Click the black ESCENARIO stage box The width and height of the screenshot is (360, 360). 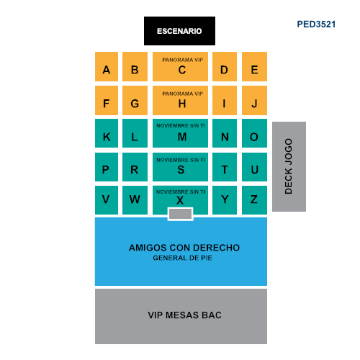pyautogui.click(x=179, y=31)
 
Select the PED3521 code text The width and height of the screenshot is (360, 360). pyautogui.click(x=316, y=24)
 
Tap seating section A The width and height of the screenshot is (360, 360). pyautogui.click(x=107, y=66)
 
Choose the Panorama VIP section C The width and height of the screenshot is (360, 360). pyautogui.click(x=180, y=66)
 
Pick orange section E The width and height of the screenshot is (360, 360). pyautogui.click(x=254, y=66)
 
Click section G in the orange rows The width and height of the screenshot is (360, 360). pyautogui.click(x=135, y=100)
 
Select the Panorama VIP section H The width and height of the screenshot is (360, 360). pyautogui.click(x=180, y=100)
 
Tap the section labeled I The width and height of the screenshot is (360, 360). pyautogui.click(x=225, y=100)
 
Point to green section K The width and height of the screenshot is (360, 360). pyautogui.click(x=107, y=133)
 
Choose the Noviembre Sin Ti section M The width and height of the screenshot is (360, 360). pyautogui.click(x=180, y=133)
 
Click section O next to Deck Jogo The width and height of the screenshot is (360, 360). pyautogui.click(x=254, y=133)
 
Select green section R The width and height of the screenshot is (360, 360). pyautogui.click(x=135, y=167)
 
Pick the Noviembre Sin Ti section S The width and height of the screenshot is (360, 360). pyautogui.click(x=180, y=167)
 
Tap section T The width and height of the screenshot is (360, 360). pyautogui.click(x=225, y=167)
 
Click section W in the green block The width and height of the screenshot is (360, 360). pyautogui.click(x=135, y=200)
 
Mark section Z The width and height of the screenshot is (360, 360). pyautogui.click(x=254, y=200)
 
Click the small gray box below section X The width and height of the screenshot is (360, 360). pyautogui.click(x=181, y=214)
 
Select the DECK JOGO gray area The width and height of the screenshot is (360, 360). pyautogui.click(x=289, y=166)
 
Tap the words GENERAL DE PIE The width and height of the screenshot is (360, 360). pyautogui.click(x=183, y=258)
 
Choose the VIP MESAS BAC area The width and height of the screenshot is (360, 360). pyautogui.click(x=181, y=316)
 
